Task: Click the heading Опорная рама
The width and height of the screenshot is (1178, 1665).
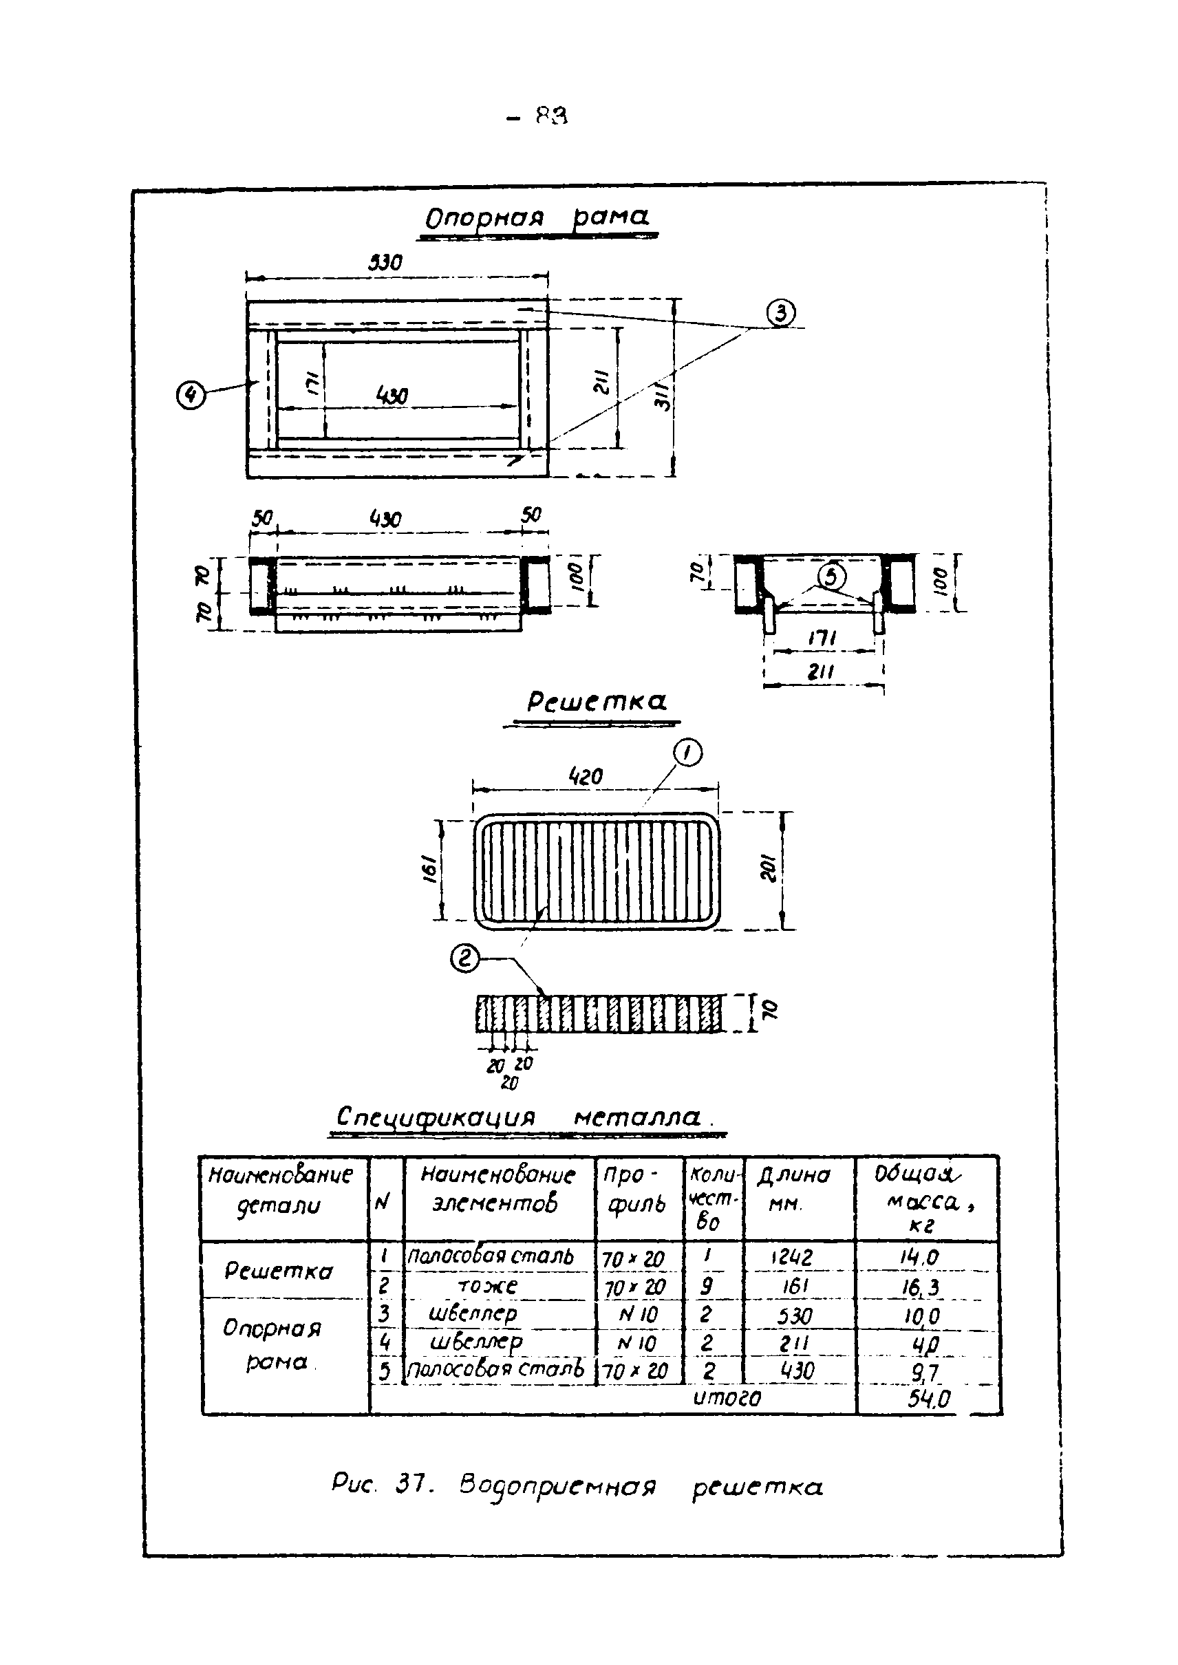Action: pyautogui.click(x=537, y=217)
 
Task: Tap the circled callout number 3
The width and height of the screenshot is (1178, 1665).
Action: pyautogui.click(x=780, y=313)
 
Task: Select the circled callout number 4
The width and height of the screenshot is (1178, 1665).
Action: pyautogui.click(x=191, y=396)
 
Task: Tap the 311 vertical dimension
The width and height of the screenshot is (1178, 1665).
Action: pyautogui.click(x=664, y=396)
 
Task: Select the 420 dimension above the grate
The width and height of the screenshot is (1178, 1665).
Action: pyautogui.click(x=586, y=777)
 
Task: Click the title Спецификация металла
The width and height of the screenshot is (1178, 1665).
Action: pyautogui.click(x=520, y=1117)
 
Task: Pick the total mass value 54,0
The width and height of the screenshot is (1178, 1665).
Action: pyautogui.click(x=928, y=1399)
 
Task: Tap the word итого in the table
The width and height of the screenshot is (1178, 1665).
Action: pyautogui.click(x=727, y=1397)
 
